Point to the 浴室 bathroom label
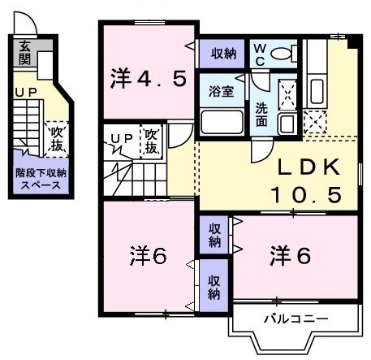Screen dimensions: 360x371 click(x=222, y=91)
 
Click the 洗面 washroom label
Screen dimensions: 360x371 click(x=262, y=115)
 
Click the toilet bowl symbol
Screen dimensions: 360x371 click(x=282, y=54)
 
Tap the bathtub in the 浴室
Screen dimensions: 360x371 click(x=222, y=122)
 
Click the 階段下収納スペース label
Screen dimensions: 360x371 click(x=40, y=179)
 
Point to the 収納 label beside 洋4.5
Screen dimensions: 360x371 click(x=224, y=54)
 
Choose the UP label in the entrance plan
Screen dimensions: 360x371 click(x=24, y=93)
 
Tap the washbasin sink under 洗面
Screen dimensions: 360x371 click(x=287, y=123)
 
